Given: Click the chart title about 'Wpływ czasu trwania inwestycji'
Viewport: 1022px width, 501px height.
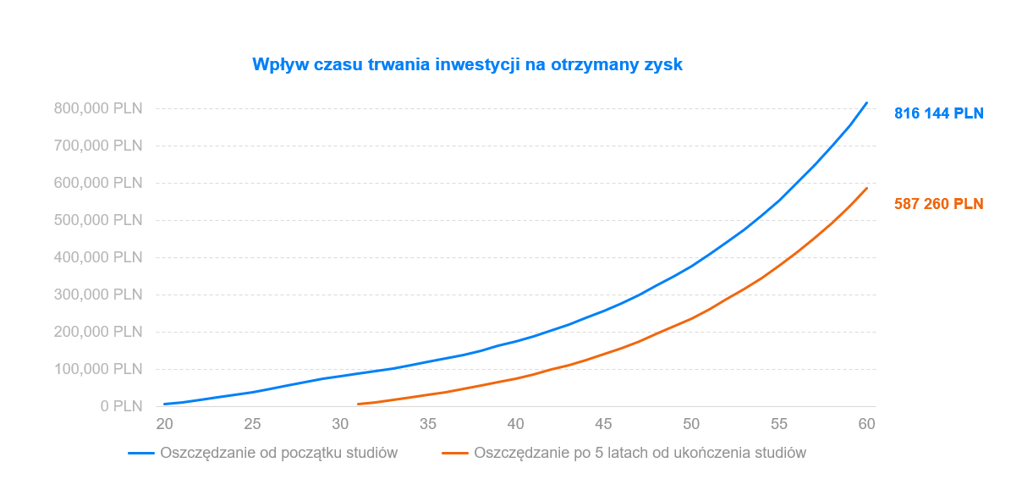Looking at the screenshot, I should [x=467, y=64].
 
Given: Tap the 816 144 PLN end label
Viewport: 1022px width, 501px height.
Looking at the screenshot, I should [x=938, y=113].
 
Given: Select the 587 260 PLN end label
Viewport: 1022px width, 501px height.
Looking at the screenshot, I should [x=938, y=204].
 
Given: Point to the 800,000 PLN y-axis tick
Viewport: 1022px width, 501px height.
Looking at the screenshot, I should [x=98, y=108].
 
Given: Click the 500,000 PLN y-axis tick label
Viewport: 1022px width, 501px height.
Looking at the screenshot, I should [x=98, y=220].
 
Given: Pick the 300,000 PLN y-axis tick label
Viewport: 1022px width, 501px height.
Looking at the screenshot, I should [x=98, y=295].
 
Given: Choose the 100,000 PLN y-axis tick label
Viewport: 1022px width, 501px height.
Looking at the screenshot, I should [x=98, y=369].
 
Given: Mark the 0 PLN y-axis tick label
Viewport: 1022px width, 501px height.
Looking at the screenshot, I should [x=122, y=406].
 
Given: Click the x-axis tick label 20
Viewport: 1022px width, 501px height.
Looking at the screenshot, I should [x=164, y=423].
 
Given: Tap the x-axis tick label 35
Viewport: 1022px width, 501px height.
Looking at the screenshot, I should [x=428, y=423].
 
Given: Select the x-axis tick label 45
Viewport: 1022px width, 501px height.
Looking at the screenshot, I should [x=603, y=423].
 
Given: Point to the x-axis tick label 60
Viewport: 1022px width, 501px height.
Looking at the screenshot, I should [x=866, y=423].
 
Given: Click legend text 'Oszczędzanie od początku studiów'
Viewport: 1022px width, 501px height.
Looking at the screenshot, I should [x=278, y=453].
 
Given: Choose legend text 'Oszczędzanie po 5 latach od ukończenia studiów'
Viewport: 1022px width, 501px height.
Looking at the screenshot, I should [x=640, y=453].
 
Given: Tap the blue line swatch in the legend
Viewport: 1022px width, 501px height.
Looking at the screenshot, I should [x=141, y=453].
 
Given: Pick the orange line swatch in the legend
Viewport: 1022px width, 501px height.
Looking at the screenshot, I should [x=455, y=453].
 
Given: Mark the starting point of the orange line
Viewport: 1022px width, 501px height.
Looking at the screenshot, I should [x=358, y=404].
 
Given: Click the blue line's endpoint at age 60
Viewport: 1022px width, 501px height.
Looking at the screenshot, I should [x=866, y=103].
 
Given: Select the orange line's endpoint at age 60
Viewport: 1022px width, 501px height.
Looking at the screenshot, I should [x=866, y=189].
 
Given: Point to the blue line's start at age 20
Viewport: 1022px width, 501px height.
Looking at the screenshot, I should [x=165, y=404].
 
